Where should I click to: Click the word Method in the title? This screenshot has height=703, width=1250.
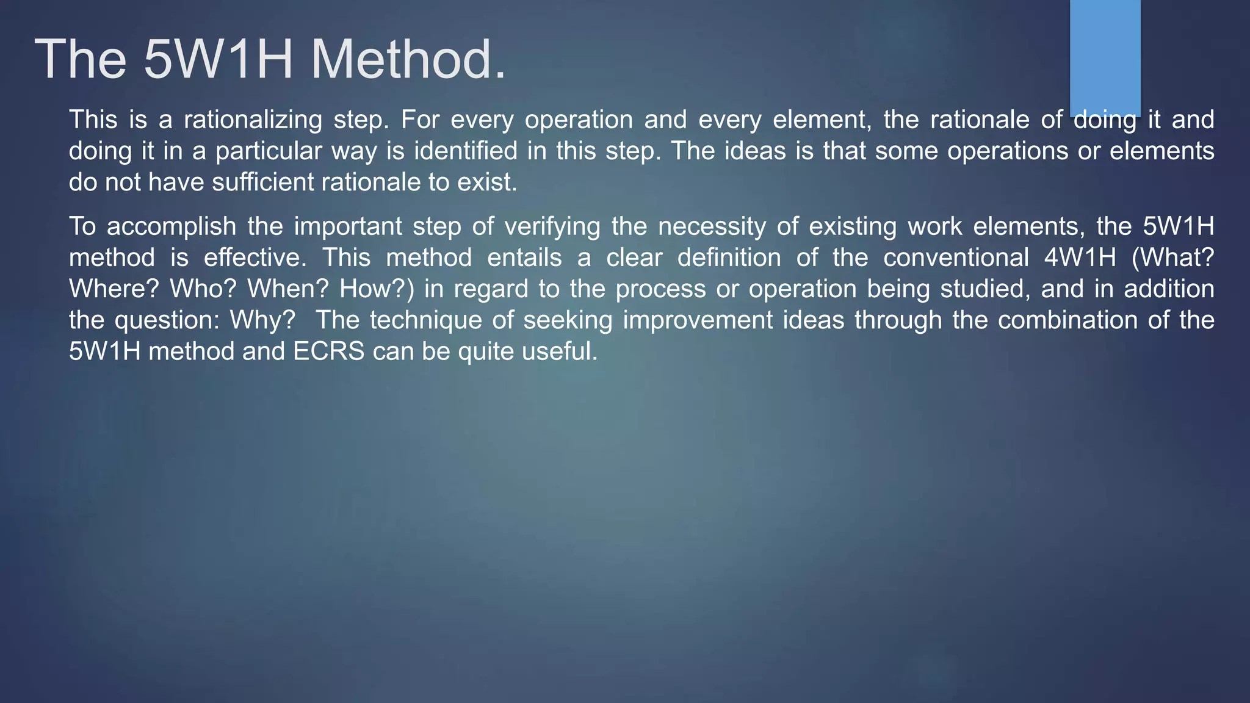click(408, 59)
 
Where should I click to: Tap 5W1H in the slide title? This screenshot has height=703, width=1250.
click(219, 59)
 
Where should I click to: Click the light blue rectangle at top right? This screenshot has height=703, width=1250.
click(1105, 55)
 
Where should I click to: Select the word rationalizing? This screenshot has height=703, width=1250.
click(253, 120)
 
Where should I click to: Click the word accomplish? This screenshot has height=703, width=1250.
click(172, 227)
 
